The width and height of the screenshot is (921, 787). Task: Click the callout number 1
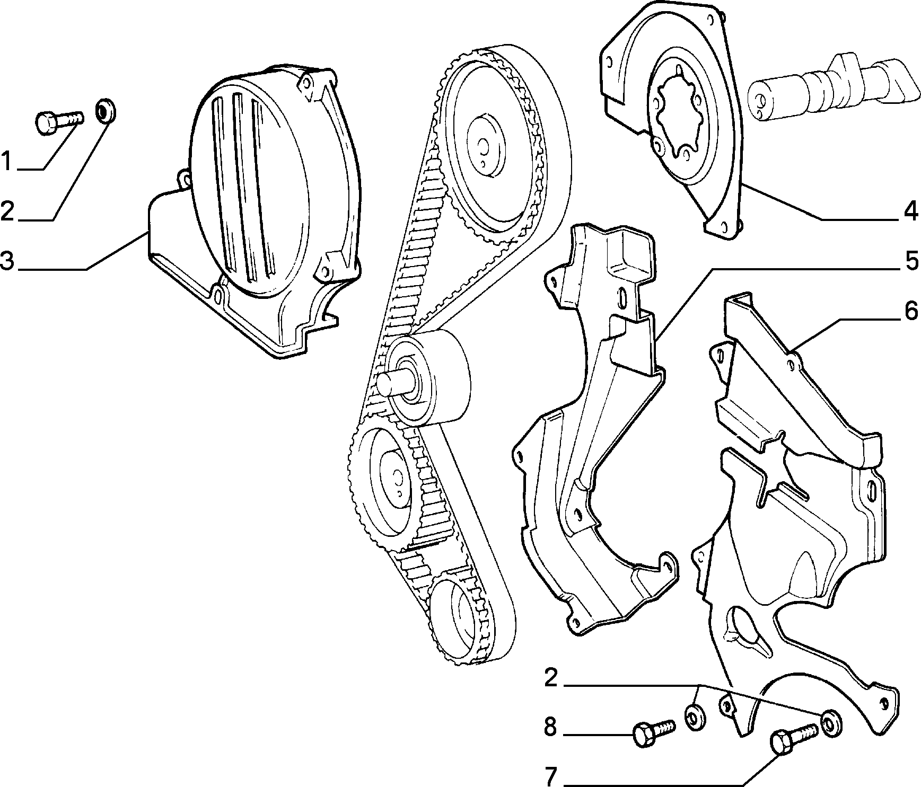(x=7, y=161)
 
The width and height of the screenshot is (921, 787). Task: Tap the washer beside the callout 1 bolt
(x=106, y=112)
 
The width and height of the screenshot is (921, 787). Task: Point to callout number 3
(x=7, y=262)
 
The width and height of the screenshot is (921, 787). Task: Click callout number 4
(x=910, y=212)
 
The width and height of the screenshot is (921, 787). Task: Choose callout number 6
(x=911, y=312)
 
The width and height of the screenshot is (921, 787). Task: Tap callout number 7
(x=551, y=777)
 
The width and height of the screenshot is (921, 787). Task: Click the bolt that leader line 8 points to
(x=653, y=731)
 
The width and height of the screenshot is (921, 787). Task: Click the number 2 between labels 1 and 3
(x=7, y=211)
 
